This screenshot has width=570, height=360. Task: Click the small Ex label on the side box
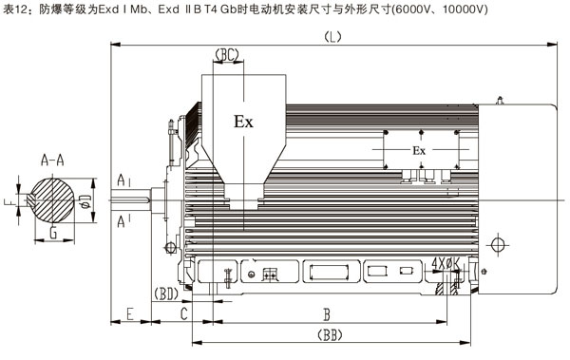click(419, 151)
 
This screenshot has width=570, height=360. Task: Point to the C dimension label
click(184, 312)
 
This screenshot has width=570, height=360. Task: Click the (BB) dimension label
click(329, 335)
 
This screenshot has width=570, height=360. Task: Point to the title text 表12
click(13, 8)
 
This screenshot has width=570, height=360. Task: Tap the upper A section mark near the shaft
click(123, 180)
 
